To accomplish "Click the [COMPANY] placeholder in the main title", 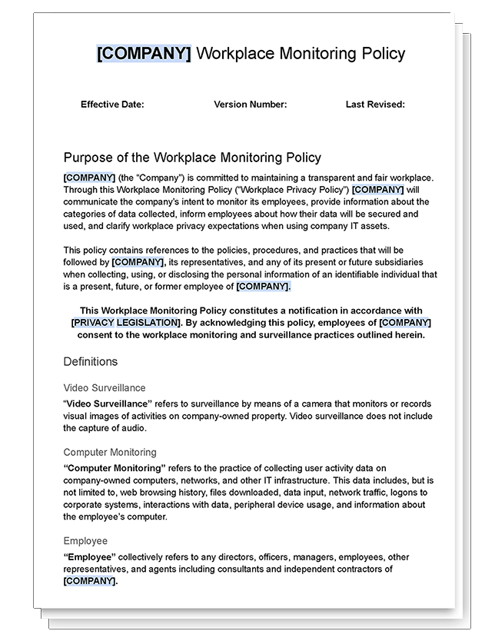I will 144,54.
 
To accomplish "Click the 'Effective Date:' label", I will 112,105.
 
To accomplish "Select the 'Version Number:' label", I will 250,105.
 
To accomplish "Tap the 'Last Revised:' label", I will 375,105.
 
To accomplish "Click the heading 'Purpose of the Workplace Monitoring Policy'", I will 192,158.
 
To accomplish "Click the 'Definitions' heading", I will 91,361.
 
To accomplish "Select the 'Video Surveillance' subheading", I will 104,388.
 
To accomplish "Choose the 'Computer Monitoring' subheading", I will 110,453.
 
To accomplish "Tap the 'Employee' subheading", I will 85,541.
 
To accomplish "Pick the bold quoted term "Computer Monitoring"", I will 115,468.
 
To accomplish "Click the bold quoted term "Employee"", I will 89,557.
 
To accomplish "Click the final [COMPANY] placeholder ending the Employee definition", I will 90,581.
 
